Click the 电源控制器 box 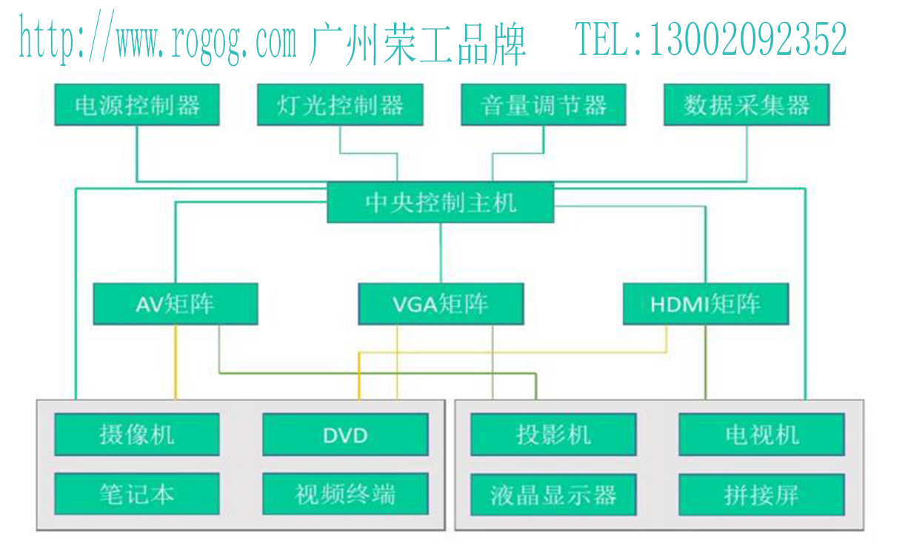coord(137,105)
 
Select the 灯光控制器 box coord(340,105)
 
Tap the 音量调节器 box coord(543,105)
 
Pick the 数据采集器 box coord(746,105)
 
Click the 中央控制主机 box coord(441,202)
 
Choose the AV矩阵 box coord(176,303)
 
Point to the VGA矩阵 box coord(441,303)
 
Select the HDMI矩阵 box coord(705,303)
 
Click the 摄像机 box coord(137,435)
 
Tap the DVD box coord(345,435)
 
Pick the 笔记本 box coord(137,494)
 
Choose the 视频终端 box coord(345,494)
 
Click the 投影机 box coord(553,435)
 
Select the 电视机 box coord(761,435)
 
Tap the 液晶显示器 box coord(553,494)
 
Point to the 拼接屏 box coord(761,494)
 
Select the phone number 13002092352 coord(748,39)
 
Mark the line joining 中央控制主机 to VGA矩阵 coord(441,252)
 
